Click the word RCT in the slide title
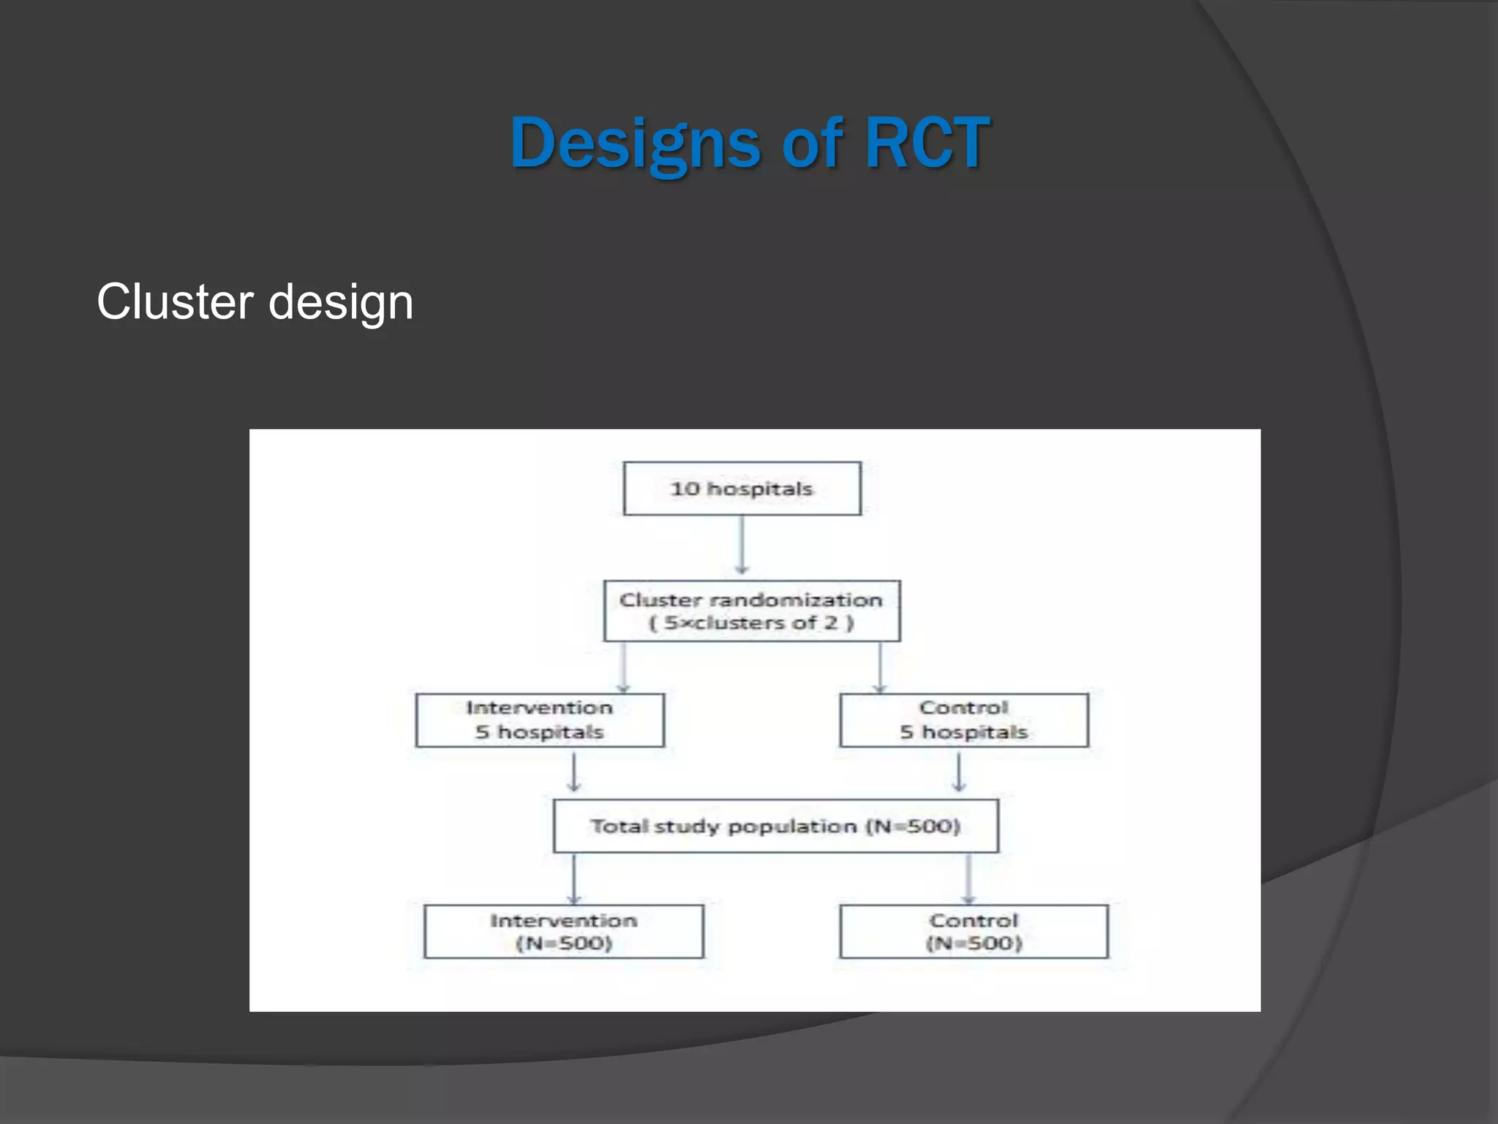927,142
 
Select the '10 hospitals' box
742,489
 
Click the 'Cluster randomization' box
751,611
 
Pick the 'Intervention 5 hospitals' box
540,720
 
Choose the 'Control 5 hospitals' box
963,720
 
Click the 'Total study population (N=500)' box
775,826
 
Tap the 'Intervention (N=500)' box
563,932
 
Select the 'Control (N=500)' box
974,932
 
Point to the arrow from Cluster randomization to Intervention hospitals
623,667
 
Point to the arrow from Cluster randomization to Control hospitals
879,667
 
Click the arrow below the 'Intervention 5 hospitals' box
574,773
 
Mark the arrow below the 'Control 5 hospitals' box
959,773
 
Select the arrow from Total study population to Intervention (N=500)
574,879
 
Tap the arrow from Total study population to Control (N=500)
968,879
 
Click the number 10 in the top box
685,489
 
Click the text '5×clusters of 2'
751,623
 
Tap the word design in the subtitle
341,303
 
